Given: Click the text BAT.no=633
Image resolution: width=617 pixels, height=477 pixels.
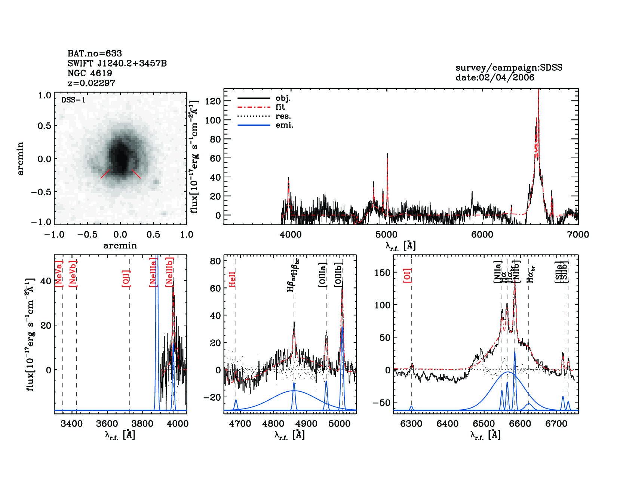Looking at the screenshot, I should click(x=95, y=53).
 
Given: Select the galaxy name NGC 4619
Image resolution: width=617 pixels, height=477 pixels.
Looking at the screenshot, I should click(x=90, y=73).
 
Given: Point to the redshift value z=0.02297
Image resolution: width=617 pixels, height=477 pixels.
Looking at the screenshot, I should click(x=91, y=83).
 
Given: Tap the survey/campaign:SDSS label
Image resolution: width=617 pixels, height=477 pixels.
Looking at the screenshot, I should click(x=509, y=68).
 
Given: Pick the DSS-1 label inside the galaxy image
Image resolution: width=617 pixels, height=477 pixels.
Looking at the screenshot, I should click(x=73, y=100).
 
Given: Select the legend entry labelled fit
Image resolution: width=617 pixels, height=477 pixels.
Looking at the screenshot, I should click(x=280, y=107).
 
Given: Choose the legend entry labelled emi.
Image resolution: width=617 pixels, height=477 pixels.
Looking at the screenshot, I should click(x=284, y=125).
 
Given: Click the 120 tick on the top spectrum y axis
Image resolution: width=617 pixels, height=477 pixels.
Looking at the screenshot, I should click(x=213, y=101).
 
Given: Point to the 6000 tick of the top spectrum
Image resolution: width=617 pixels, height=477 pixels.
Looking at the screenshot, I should click(x=482, y=235).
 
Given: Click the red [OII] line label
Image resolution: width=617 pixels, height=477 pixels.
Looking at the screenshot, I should click(x=126, y=278).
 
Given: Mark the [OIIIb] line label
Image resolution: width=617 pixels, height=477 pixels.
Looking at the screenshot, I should click(x=338, y=275).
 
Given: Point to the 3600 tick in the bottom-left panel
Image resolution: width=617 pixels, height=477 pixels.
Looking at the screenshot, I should click(x=107, y=424).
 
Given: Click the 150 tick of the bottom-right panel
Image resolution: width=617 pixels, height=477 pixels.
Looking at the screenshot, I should click(x=382, y=273).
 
